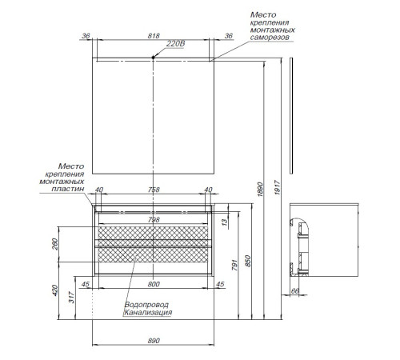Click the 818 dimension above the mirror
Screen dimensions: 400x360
154,36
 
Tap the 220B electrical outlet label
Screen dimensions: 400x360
175,44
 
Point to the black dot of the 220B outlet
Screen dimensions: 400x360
153,58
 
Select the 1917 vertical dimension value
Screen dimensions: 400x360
278,188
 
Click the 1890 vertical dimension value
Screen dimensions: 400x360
260,190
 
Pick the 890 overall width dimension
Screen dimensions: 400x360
154,341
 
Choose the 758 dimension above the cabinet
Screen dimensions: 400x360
154,190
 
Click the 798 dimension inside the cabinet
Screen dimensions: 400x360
154,219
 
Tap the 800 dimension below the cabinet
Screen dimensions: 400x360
154,284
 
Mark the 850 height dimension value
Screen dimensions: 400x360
248,262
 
